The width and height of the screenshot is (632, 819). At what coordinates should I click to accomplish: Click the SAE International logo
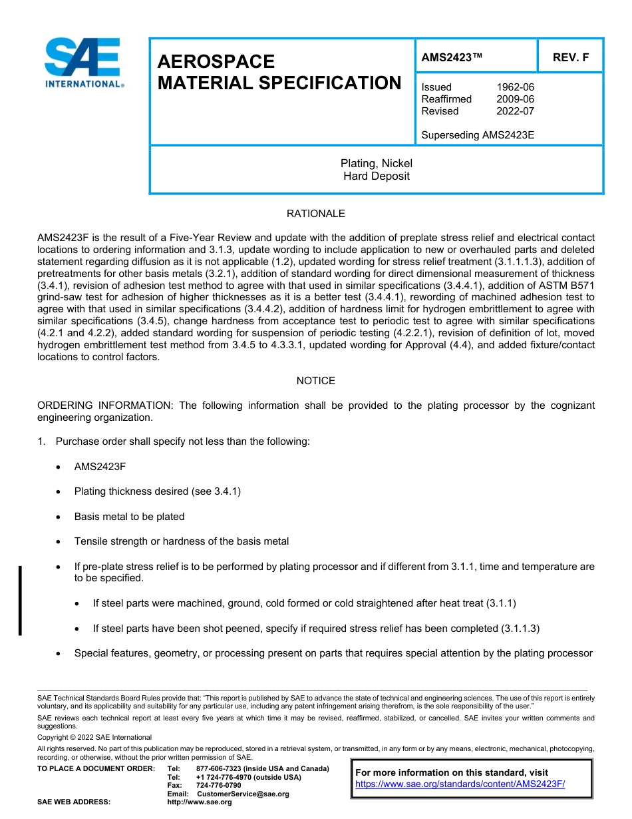(x=83, y=63)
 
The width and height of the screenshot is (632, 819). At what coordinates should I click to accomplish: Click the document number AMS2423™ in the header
(x=452, y=57)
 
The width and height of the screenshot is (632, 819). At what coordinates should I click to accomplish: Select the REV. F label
(x=571, y=57)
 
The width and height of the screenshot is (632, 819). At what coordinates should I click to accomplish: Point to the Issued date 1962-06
(x=515, y=87)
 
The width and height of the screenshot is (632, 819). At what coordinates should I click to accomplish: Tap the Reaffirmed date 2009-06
(x=515, y=99)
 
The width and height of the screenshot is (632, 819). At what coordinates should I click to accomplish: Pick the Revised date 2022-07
(x=515, y=111)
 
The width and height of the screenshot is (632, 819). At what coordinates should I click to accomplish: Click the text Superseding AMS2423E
(x=478, y=135)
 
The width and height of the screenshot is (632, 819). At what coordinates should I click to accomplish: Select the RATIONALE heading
(x=315, y=214)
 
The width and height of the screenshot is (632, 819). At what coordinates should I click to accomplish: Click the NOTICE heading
(x=315, y=381)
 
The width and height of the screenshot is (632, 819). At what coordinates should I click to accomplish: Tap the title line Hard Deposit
(x=376, y=176)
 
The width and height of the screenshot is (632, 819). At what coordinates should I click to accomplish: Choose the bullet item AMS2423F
(x=100, y=467)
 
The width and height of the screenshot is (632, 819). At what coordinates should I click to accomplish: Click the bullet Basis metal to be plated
(x=129, y=517)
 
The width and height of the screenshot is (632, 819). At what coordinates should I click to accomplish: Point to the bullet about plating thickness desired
(x=157, y=491)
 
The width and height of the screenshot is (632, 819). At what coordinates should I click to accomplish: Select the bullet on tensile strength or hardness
(x=181, y=541)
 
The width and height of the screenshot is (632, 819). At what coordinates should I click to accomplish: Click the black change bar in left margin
(x=20, y=600)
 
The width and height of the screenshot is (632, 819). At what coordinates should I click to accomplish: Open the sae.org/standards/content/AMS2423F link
(x=460, y=784)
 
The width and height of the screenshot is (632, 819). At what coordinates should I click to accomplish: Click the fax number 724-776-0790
(x=218, y=786)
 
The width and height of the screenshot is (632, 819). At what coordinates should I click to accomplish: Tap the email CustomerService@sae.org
(x=243, y=794)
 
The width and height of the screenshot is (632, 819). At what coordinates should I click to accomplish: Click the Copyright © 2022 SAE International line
(x=94, y=737)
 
